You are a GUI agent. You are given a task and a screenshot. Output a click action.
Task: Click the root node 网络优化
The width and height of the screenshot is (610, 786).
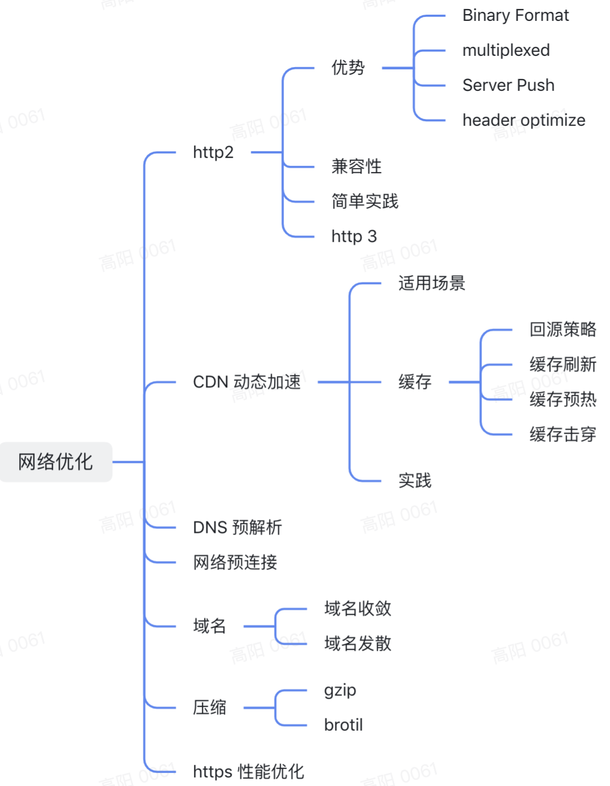pos(56,462)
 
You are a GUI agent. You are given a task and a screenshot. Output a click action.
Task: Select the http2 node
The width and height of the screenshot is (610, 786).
pos(213,152)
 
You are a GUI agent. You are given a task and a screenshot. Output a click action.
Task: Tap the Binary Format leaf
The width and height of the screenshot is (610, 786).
pos(516,16)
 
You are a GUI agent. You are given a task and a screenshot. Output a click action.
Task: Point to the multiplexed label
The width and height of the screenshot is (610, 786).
pos(506,50)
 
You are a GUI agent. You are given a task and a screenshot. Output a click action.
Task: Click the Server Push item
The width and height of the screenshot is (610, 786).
pos(509,85)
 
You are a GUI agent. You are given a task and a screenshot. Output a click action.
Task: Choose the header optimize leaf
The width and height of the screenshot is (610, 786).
pos(524,120)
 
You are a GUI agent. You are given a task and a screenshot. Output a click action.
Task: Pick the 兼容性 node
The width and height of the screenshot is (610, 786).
pos(356,166)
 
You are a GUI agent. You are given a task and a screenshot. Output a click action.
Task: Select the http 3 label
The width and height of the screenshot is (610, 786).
pos(354,237)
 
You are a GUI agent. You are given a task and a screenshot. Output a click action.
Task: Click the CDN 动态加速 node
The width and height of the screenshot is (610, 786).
pos(247,382)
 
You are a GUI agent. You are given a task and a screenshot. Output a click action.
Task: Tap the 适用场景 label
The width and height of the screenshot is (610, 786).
pos(432,283)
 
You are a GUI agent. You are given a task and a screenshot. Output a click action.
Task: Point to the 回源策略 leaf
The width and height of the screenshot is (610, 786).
pos(563,329)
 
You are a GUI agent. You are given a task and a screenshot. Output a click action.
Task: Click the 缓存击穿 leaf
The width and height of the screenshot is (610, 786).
pos(563,434)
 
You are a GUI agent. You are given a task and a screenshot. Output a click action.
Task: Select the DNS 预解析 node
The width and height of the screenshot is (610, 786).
pos(237,527)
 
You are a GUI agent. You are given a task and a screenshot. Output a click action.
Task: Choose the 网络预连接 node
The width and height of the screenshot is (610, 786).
pos(235,563)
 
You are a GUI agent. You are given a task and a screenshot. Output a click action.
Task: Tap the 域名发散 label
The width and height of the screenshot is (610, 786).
pos(357,644)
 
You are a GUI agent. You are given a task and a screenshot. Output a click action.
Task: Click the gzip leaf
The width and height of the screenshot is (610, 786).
pos(341,691)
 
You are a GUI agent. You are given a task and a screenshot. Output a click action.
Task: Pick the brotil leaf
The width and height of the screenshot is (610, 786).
pos(343,725)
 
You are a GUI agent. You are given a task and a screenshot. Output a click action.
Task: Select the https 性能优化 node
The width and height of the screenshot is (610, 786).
pos(249,772)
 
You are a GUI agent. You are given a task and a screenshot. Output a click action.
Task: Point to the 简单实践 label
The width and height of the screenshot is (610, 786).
pos(365,201)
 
